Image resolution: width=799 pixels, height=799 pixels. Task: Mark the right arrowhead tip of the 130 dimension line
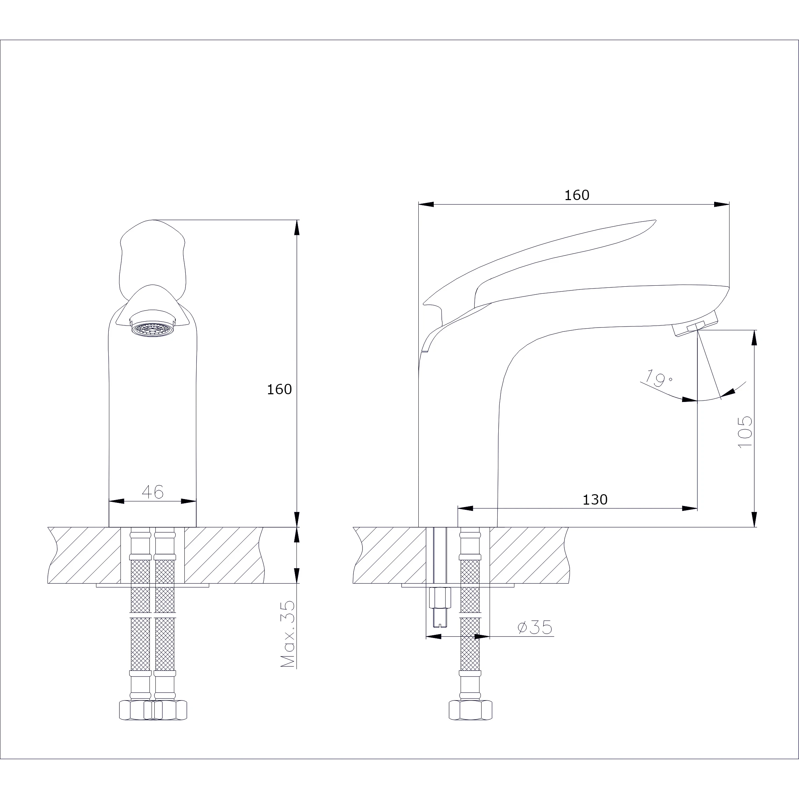coord(697,508)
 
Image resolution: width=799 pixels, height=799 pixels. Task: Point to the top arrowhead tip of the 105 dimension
coord(754,330)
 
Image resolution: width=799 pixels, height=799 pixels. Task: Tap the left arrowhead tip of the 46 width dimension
coord(109,501)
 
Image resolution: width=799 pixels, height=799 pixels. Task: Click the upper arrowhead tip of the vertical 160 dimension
coord(296,220)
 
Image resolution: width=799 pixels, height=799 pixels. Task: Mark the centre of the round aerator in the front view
coord(153,329)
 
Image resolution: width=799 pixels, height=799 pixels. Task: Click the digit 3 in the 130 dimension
coord(595,500)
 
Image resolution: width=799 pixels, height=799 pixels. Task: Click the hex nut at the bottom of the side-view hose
coord(470,710)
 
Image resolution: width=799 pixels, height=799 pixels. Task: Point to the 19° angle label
coord(658,377)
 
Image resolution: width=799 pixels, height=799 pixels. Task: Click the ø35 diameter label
coord(535,628)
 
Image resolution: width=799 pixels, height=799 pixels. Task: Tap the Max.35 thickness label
coord(287,633)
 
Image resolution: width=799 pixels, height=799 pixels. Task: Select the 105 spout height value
coord(745,431)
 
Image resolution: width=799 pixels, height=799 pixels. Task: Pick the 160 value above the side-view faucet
coord(577,195)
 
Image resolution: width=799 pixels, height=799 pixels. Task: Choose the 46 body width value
coord(153,491)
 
